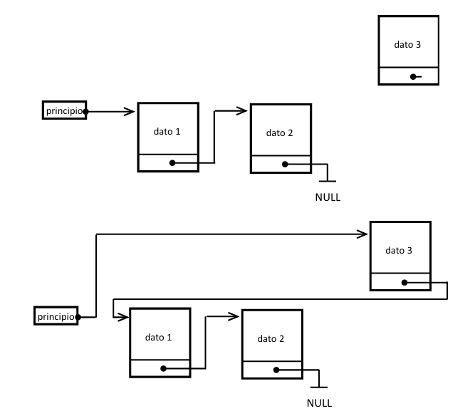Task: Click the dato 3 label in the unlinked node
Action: click(x=407, y=44)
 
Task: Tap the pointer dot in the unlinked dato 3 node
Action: click(x=412, y=76)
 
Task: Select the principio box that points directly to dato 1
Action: click(x=65, y=110)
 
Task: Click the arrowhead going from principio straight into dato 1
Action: click(x=130, y=111)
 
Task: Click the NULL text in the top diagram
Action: click(x=328, y=197)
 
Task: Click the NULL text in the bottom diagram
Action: click(x=319, y=402)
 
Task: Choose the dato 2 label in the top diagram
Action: click(x=280, y=132)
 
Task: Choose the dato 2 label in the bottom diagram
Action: click(x=271, y=338)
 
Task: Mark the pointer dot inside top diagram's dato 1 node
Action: click(x=172, y=163)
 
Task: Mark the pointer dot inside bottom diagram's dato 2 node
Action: click(x=276, y=370)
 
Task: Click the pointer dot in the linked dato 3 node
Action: click(x=404, y=282)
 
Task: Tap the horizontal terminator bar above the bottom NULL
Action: click(x=319, y=388)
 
